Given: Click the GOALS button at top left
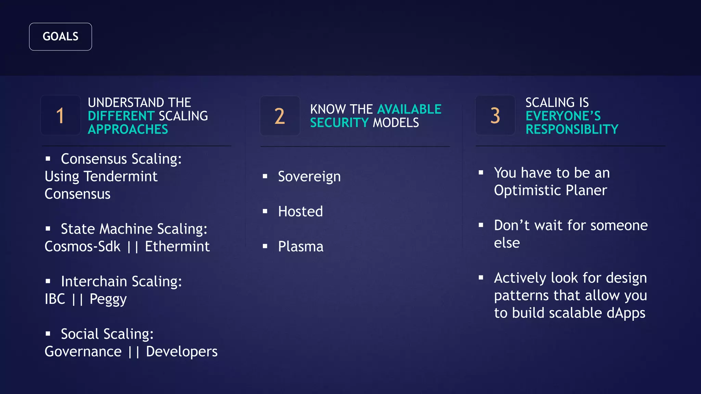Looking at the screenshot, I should pyautogui.click(x=61, y=37).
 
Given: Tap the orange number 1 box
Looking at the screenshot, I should pyautogui.click(x=61, y=115).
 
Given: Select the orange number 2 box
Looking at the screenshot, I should pyautogui.click(x=280, y=116).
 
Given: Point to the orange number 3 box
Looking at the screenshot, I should pyautogui.click(x=495, y=115).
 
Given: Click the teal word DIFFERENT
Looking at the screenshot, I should pyautogui.click(x=121, y=116).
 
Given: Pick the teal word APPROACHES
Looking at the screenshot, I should pyautogui.click(x=128, y=129).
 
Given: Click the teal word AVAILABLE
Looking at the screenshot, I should pyautogui.click(x=409, y=109).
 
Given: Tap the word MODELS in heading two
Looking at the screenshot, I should pyautogui.click(x=396, y=122).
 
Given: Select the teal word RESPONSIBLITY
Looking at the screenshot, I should pyautogui.click(x=572, y=129).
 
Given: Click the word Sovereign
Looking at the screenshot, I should pyautogui.click(x=309, y=176).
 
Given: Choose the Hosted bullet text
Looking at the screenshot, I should pyautogui.click(x=300, y=211).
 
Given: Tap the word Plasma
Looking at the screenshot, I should pyautogui.click(x=301, y=246).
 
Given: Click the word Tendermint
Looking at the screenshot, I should pyautogui.click(x=120, y=176).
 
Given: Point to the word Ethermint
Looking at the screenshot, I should pyautogui.click(x=177, y=246).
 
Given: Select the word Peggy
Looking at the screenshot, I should pyautogui.click(x=108, y=299).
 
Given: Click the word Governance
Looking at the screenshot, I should pyautogui.click(x=83, y=352).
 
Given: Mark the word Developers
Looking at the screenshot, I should pyautogui.click(x=181, y=352).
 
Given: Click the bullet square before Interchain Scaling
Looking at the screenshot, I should pyautogui.click(x=48, y=281).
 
